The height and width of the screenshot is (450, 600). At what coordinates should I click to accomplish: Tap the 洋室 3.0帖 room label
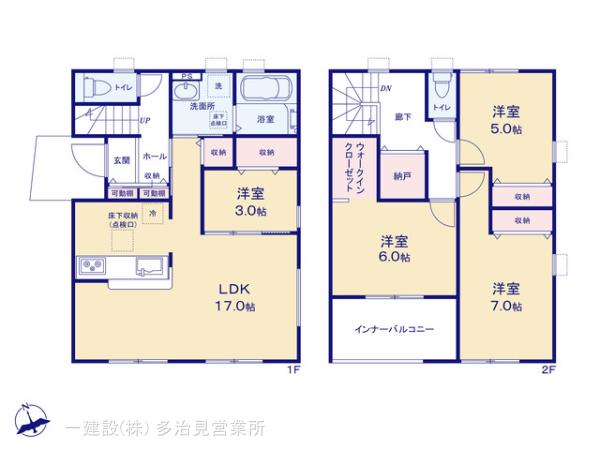point(251,202)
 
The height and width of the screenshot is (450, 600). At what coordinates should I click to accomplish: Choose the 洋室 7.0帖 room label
point(506,297)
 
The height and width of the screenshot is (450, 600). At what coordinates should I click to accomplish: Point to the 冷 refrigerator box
point(153,213)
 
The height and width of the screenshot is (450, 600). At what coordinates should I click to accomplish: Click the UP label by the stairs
point(146,121)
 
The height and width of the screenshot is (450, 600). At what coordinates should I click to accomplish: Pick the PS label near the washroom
point(186,76)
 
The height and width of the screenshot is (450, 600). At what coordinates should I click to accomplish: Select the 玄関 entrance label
point(121,160)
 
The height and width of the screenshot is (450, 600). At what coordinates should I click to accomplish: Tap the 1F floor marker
point(294,370)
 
